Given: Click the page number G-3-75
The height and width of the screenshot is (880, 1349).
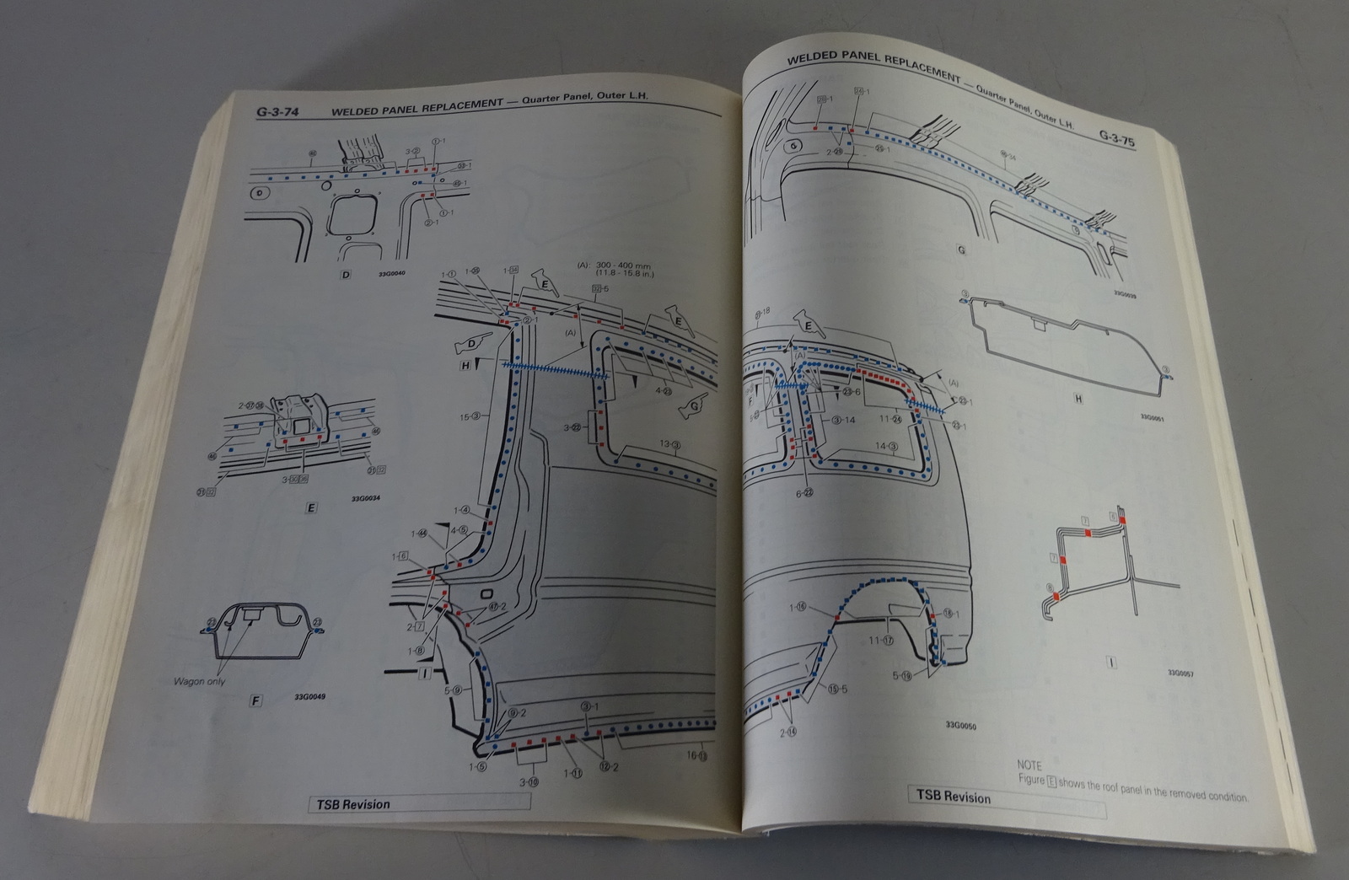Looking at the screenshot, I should click(x=1116, y=139).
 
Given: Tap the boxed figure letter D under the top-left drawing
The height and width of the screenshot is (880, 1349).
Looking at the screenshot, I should click(x=345, y=275).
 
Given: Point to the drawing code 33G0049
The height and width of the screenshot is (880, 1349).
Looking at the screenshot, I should click(x=311, y=697).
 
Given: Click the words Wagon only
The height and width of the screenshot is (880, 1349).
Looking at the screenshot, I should click(x=200, y=681).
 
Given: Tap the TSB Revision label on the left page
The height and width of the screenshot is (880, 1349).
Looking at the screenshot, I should click(x=353, y=804).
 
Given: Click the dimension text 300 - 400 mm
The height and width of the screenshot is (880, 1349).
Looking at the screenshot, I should click(x=625, y=265).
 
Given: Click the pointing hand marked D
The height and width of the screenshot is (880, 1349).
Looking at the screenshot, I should click(x=468, y=345).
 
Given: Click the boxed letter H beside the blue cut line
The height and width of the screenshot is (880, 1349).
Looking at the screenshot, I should click(x=465, y=366).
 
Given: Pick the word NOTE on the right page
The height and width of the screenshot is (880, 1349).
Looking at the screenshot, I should click(x=1029, y=766).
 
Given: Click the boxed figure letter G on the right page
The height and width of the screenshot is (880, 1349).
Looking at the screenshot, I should click(x=961, y=250).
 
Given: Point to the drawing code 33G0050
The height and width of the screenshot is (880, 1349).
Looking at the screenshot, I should click(x=960, y=726).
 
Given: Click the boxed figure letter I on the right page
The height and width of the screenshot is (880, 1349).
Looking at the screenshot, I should click(x=1110, y=663).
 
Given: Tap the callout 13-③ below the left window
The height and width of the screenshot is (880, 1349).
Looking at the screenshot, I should click(x=671, y=444).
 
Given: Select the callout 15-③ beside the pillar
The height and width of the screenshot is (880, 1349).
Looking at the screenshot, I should click(x=470, y=416).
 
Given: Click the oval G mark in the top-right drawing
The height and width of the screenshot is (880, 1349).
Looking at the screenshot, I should click(x=793, y=147).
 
